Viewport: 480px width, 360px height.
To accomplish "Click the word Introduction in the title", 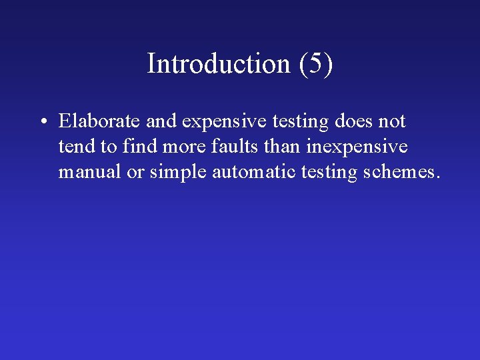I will click(x=219, y=64).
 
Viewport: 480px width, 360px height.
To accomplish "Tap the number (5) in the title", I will click(x=315, y=64).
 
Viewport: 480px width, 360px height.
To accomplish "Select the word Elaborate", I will click(x=98, y=121).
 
